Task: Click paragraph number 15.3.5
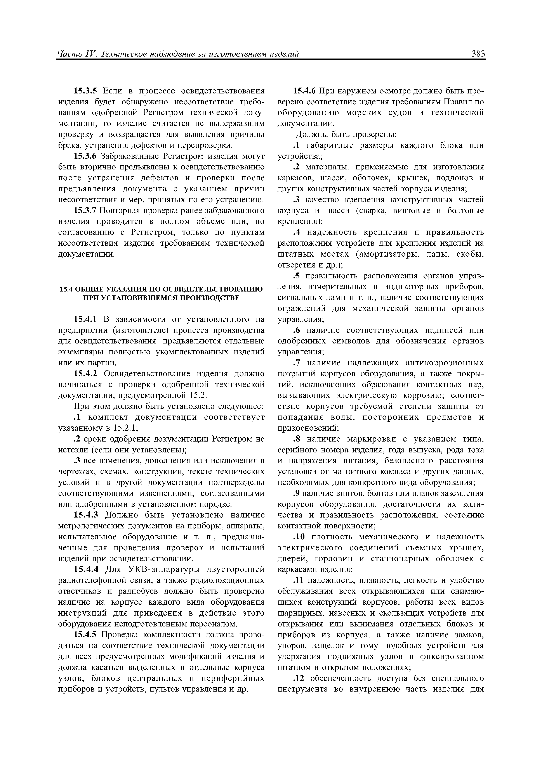pyautogui.click(x=85, y=91)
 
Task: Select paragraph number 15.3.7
pyautogui.click(x=85, y=210)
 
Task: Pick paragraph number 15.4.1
pyautogui.click(x=85, y=319)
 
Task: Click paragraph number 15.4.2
pyautogui.click(x=85, y=374)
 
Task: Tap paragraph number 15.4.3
pyautogui.click(x=85, y=515)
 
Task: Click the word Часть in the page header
pyautogui.click(x=68, y=54)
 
